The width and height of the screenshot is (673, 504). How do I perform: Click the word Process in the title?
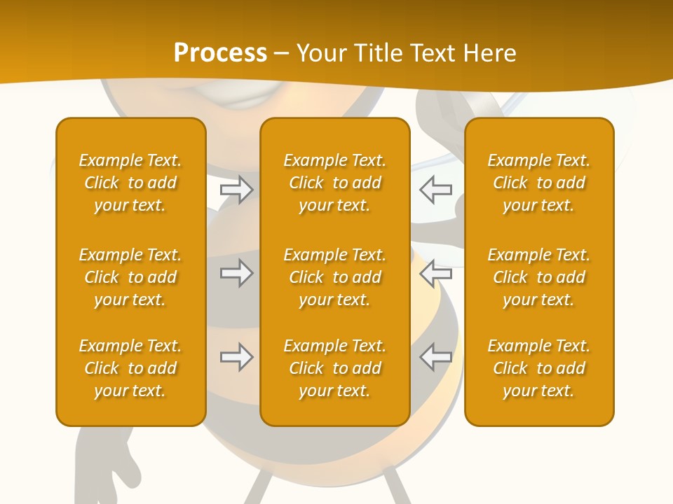[x=220, y=53]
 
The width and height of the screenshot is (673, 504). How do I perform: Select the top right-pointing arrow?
[x=237, y=190]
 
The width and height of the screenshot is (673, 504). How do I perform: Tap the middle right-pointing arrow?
[x=237, y=273]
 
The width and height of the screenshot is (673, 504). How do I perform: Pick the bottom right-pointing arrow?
[x=237, y=357]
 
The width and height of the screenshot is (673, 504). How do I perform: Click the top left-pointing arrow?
[x=435, y=190]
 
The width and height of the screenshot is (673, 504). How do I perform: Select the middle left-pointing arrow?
[x=435, y=273]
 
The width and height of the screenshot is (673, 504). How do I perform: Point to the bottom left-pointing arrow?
[x=435, y=357]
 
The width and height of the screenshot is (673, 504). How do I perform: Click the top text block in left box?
[x=130, y=183]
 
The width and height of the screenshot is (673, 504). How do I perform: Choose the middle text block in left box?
[x=130, y=277]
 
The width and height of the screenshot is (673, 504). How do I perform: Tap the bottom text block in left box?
[x=130, y=368]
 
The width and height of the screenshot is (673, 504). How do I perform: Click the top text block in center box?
[x=334, y=183]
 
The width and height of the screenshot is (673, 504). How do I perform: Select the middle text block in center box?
[x=334, y=277]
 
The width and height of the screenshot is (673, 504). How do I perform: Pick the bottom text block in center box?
[x=334, y=368]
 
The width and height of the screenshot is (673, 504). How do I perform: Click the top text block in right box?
[x=538, y=183]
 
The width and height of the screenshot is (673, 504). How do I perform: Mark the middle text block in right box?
[x=538, y=277]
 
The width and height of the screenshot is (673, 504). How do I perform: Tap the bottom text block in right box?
[x=538, y=368]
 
